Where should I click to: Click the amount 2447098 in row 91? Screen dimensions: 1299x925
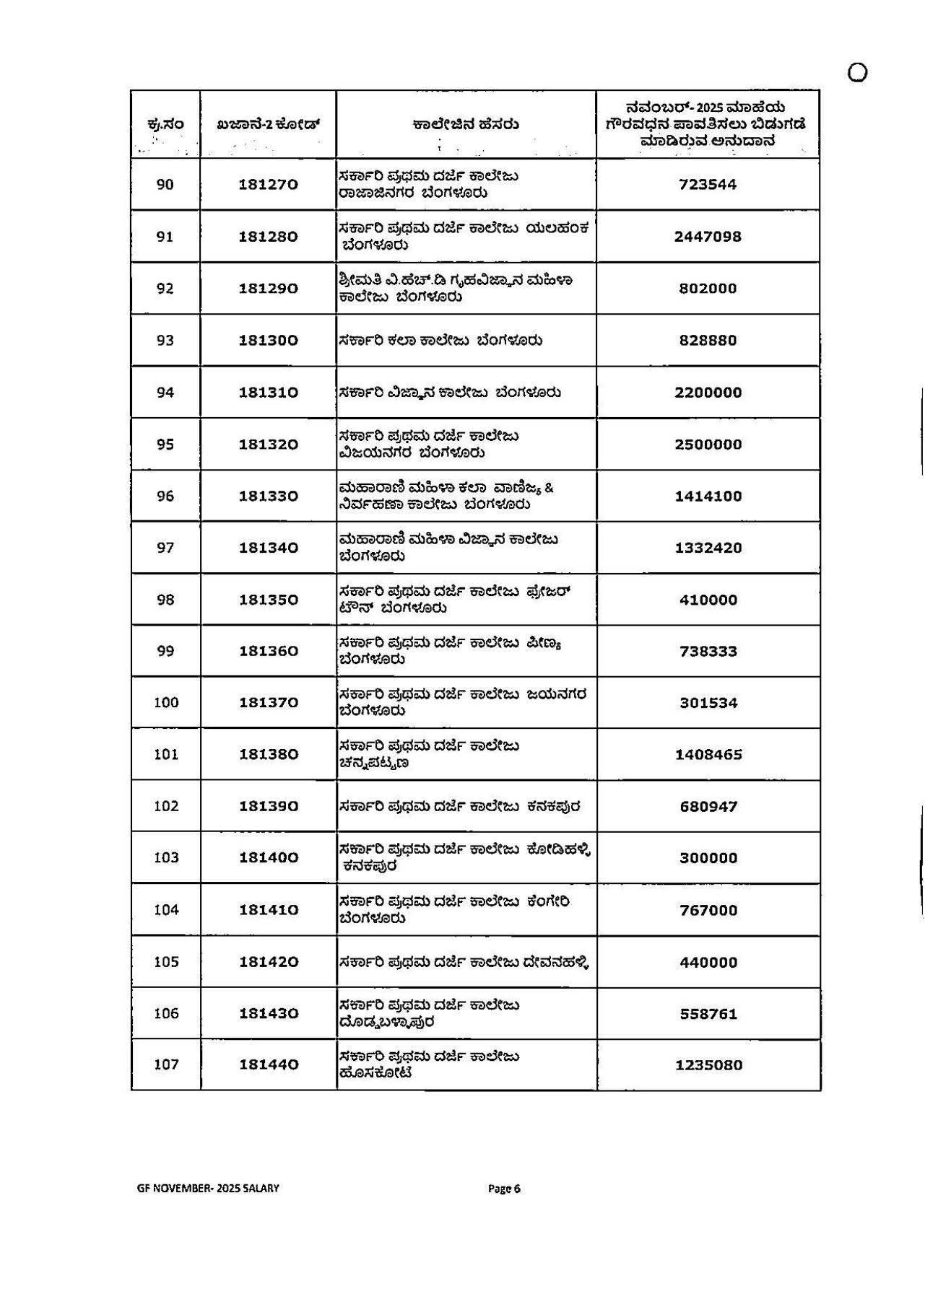coord(708,237)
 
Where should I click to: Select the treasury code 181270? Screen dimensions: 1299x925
coord(268,185)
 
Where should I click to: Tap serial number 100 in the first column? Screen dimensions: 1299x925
coord(166,703)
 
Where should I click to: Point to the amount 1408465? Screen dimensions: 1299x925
coord(708,755)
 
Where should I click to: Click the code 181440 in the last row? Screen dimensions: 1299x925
coord(268,1065)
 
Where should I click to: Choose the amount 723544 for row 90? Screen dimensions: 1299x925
coord(708,185)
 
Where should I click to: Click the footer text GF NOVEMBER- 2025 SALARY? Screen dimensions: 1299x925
coord(208,1189)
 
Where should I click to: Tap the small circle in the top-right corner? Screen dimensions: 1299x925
coord(857,73)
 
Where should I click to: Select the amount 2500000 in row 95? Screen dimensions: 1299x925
coord(708,445)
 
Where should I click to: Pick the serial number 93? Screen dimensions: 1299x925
coord(165,341)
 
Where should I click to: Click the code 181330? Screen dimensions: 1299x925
coord(268,497)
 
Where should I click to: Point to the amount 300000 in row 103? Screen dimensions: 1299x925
coord(708,858)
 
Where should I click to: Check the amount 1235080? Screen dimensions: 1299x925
coord(708,1065)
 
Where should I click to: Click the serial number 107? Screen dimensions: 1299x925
coord(166,1065)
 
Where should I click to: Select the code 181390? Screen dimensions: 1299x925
coord(268,807)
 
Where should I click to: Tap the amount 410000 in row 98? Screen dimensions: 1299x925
coord(708,600)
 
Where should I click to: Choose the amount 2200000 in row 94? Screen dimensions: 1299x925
coord(708,393)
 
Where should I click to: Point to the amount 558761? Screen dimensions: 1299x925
coord(708,1014)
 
